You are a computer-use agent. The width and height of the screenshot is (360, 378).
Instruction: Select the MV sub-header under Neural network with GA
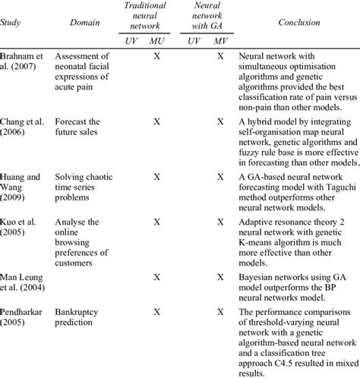coord(220,39)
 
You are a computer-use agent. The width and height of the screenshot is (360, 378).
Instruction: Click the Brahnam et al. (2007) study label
coord(23,62)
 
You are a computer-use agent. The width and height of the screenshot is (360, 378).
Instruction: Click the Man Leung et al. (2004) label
coord(24,284)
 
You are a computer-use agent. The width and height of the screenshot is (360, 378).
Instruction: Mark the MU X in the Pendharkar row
coord(156,311)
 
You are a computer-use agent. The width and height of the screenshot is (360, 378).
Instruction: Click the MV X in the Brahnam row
coord(220,56)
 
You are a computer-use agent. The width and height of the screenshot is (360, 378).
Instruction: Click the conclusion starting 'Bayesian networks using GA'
coord(293,284)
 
